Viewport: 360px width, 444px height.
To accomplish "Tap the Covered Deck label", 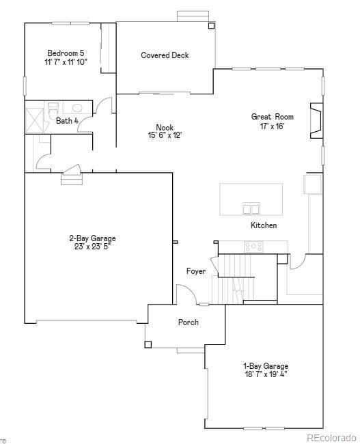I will (165, 55).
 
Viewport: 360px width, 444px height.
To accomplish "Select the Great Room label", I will (267, 117).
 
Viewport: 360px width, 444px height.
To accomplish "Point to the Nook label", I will (165, 127).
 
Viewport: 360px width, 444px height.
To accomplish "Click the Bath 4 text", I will (67, 121).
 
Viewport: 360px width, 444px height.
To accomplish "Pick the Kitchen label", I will (264, 225).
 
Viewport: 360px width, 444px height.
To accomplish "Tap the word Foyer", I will (196, 271).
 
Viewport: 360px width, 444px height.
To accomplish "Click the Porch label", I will (189, 322).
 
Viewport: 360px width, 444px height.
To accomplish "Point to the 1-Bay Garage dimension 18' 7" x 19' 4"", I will (266, 374).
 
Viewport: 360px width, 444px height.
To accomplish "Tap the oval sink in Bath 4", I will (77, 108).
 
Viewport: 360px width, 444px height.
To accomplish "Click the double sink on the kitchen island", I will (251, 209).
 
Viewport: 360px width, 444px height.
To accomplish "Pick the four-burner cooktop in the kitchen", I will (253, 246).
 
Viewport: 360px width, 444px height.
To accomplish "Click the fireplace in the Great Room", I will (316, 117).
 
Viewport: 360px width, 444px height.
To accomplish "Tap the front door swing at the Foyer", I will (185, 295).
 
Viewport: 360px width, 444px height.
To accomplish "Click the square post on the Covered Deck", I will (211, 26).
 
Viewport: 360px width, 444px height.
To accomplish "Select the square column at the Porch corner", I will (148, 344).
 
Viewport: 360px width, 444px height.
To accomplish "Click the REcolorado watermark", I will (331, 437).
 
